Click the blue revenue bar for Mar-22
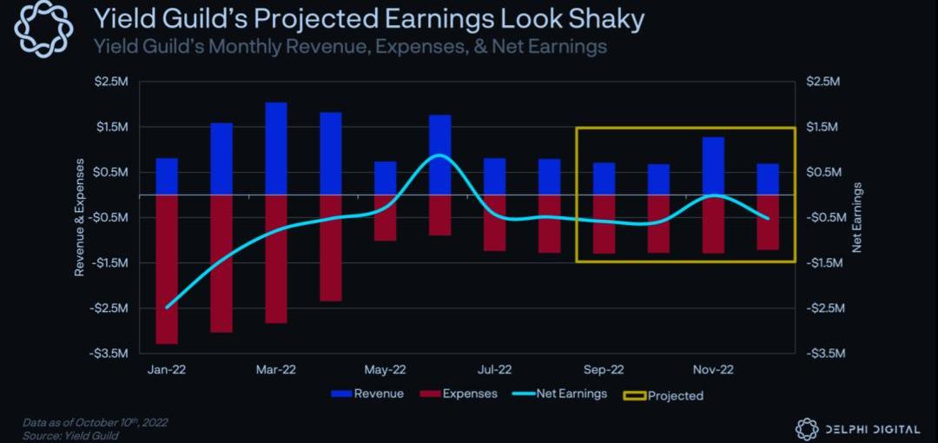(276, 149)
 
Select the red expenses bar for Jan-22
(167, 269)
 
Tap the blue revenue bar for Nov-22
(713, 166)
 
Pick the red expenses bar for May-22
(385, 218)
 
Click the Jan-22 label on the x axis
(167, 369)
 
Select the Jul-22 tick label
(494, 369)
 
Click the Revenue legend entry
(367, 394)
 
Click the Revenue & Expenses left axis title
(79, 217)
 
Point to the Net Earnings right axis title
(857, 217)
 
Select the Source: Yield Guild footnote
(70, 435)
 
